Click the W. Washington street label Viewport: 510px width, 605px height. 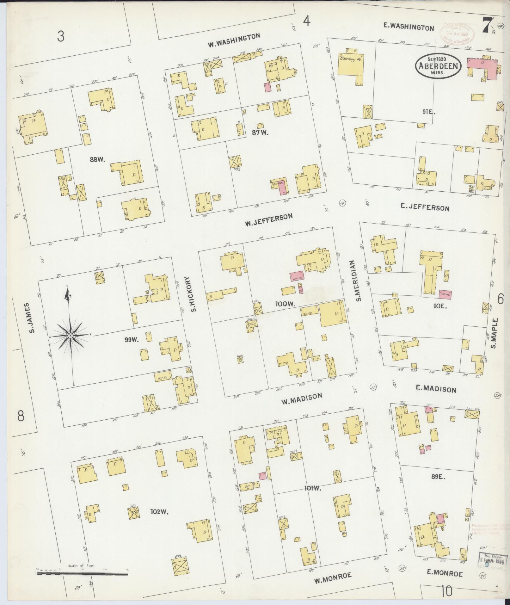[x=234, y=40]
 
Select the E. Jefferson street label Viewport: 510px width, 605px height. [x=425, y=207]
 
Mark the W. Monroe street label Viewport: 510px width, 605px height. [x=333, y=580]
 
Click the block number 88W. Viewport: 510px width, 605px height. [x=97, y=160]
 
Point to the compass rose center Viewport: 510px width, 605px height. [x=71, y=335]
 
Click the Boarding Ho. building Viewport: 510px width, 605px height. [x=350, y=66]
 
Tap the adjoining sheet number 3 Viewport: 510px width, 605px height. [x=61, y=36]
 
